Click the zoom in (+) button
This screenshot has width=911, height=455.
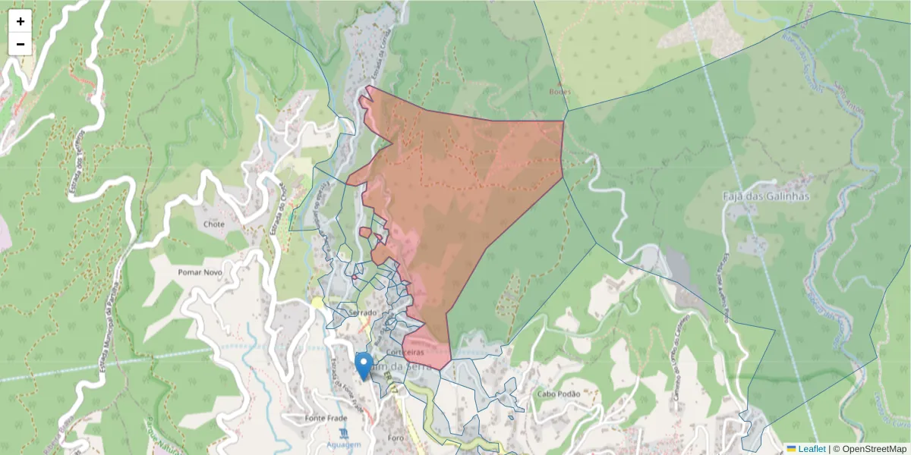(x=20, y=21)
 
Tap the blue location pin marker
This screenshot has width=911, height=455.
(x=364, y=366)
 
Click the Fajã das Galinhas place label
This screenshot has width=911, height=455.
(x=765, y=196)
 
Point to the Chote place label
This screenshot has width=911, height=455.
(x=214, y=224)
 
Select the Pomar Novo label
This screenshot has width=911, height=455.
(x=200, y=271)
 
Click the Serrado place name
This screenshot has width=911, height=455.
(x=363, y=312)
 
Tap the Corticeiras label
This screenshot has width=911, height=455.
(x=404, y=353)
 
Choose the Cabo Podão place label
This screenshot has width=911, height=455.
(x=558, y=394)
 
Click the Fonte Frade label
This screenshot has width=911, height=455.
(x=326, y=418)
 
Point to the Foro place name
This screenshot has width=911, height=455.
(x=396, y=437)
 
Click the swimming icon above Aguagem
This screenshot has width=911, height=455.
(x=345, y=432)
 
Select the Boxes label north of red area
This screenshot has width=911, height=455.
(x=560, y=91)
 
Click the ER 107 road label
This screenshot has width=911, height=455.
(x=392, y=379)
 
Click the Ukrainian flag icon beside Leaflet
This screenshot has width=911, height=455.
(x=792, y=449)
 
